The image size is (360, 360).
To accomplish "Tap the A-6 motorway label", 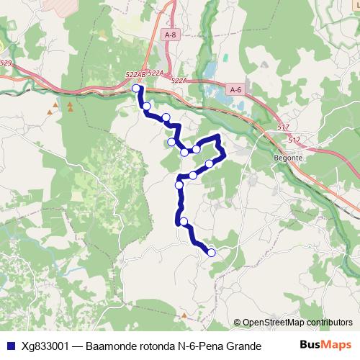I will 236,89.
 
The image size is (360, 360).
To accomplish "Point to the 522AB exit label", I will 135,74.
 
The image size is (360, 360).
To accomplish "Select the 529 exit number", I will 6,63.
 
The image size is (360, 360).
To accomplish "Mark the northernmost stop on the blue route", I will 136,89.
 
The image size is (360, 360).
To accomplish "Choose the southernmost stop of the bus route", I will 212,252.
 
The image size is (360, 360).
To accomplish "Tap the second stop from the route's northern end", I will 147,107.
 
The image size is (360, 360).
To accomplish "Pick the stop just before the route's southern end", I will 184,221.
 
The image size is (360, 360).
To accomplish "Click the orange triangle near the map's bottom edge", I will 185,315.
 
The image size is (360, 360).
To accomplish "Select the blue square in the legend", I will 9,345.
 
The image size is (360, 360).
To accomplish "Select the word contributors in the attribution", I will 330,323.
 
